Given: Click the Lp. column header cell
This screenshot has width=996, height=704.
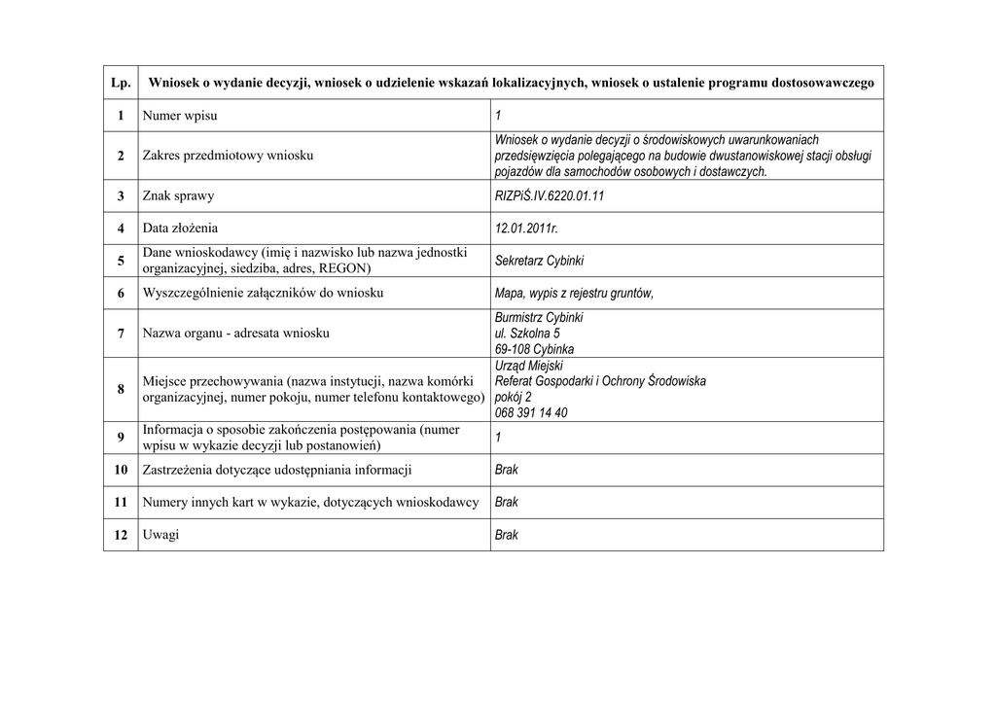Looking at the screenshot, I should [x=121, y=83].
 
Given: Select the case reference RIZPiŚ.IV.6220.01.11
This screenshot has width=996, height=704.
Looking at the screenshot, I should [x=550, y=196].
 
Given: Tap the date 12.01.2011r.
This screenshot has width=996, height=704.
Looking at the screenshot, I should [x=526, y=229].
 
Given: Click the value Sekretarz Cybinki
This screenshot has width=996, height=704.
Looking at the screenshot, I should [x=540, y=261].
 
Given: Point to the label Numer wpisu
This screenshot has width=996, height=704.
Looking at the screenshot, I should [x=180, y=116].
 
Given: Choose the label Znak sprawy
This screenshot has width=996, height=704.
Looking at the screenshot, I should [x=178, y=196].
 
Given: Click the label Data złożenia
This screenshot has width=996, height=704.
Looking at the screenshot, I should [x=180, y=229].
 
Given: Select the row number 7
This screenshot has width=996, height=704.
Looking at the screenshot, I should [x=121, y=334].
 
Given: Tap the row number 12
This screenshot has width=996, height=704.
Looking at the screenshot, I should [x=121, y=535].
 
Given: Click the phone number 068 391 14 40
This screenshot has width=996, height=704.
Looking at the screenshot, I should [x=531, y=412].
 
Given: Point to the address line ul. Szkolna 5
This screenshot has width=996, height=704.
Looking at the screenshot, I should [x=528, y=334].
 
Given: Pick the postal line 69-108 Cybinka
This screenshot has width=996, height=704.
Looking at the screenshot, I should [x=534, y=349].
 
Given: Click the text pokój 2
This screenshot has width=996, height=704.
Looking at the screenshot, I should [x=514, y=397].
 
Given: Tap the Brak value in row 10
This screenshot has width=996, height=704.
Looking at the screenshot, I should [x=507, y=470].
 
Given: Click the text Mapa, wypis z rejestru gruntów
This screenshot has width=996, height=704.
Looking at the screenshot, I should [x=574, y=293].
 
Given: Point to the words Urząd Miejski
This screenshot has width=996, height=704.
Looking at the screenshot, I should [x=529, y=366].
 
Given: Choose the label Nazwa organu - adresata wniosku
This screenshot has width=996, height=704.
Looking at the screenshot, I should [x=236, y=334].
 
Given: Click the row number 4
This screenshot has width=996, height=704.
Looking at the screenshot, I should [x=121, y=229].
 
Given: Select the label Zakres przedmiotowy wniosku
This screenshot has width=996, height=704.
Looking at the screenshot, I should [x=228, y=156].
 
